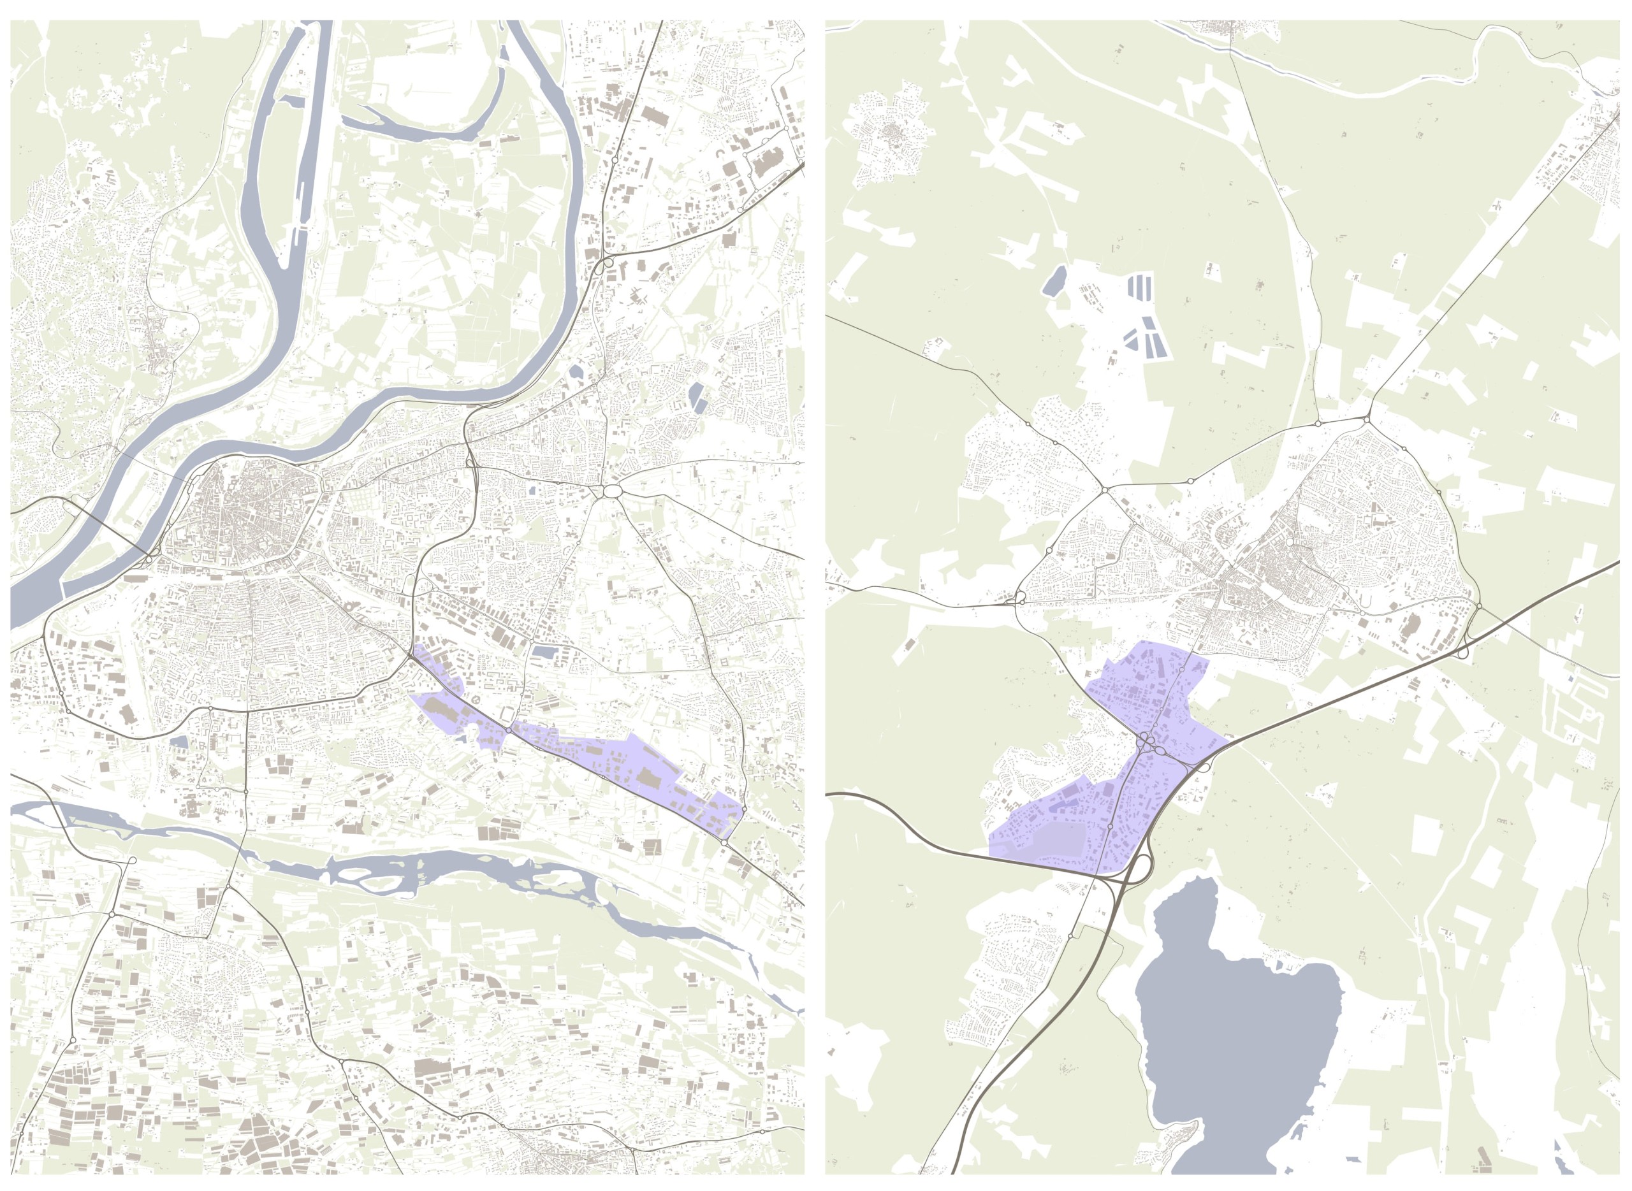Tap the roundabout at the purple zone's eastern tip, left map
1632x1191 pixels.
[725, 842]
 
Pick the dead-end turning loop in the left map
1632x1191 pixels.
[132, 861]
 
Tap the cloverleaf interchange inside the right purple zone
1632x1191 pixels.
[1147, 742]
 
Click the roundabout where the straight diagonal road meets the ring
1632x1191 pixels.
[1367, 418]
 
